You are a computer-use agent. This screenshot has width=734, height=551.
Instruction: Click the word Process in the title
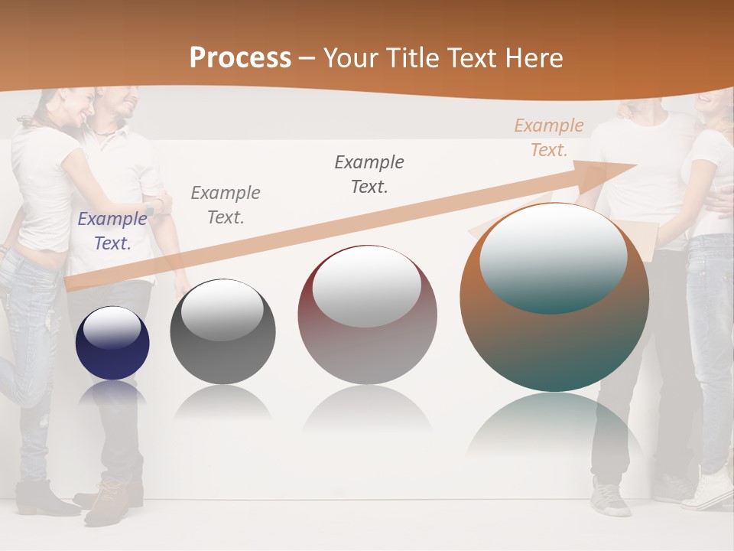(240, 58)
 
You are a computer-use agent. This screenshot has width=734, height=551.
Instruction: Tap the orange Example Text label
(548, 138)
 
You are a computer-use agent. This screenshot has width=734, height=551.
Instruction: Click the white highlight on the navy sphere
(112, 328)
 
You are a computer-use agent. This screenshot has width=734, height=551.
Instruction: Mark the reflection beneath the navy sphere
(112, 393)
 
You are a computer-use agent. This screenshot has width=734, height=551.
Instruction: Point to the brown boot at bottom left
(107, 501)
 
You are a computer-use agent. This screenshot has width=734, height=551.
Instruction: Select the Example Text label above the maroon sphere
(369, 174)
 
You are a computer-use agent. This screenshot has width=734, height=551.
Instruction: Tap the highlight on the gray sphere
(222, 310)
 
